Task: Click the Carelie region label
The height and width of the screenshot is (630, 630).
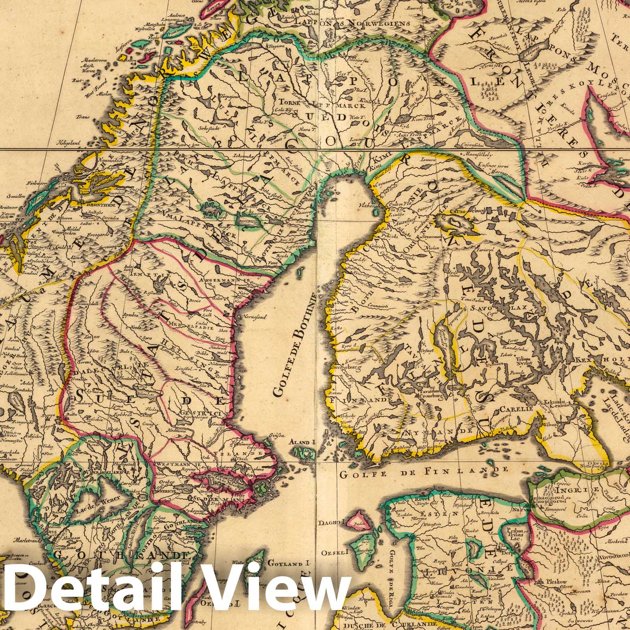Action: point(516,410)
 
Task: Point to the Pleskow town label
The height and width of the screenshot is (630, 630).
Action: point(556,580)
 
